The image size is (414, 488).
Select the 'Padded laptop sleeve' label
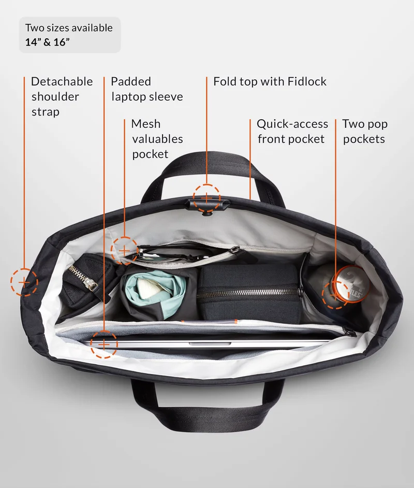(x=146, y=89)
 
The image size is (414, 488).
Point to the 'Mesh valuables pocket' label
(x=157, y=139)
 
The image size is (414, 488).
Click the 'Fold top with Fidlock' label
(x=270, y=81)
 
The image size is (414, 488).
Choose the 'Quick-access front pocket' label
(x=292, y=132)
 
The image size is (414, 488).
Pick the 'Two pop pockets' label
(x=365, y=132)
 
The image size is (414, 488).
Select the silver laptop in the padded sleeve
(x=205, y=343)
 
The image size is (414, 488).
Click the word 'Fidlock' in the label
(x=307, y=81)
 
